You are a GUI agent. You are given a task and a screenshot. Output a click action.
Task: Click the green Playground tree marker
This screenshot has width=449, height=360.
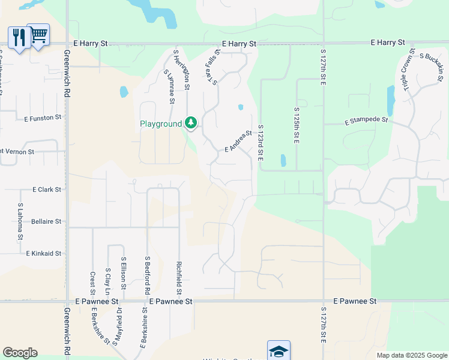[x=191, y=123]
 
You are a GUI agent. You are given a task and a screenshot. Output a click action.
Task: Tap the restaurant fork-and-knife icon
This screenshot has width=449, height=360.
[x=19, y=38]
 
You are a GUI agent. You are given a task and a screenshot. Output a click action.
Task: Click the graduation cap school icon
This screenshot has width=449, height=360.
[x=279, y=350]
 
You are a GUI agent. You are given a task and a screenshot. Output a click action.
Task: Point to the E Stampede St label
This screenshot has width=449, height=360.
[x=367, y=121]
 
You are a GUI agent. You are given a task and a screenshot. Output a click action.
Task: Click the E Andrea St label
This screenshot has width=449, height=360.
[x=238, y=142]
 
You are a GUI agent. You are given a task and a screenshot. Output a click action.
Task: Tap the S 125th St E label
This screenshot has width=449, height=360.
[x=297, y=125]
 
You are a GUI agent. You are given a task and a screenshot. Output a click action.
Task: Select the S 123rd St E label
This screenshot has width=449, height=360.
[x=261, y=142]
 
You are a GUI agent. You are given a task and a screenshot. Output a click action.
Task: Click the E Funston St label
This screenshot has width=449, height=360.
[x=43, y=119]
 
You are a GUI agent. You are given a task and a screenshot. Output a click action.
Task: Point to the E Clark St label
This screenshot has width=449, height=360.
[x=48, y=190]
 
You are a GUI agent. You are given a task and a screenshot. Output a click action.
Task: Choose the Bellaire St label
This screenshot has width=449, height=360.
[x=46, y=221]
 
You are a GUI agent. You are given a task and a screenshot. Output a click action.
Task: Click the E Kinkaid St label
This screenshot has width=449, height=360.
[x=44, y=254]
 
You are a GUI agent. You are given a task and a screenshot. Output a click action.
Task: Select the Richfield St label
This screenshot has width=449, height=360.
[x=179, y=275]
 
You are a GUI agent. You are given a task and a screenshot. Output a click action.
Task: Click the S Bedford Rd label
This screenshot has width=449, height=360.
[x=147, y=275]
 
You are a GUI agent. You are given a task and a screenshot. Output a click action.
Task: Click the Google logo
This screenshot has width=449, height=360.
[x=20, y=353]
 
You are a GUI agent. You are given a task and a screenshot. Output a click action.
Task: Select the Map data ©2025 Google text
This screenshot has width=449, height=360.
[x=411, y=355]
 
